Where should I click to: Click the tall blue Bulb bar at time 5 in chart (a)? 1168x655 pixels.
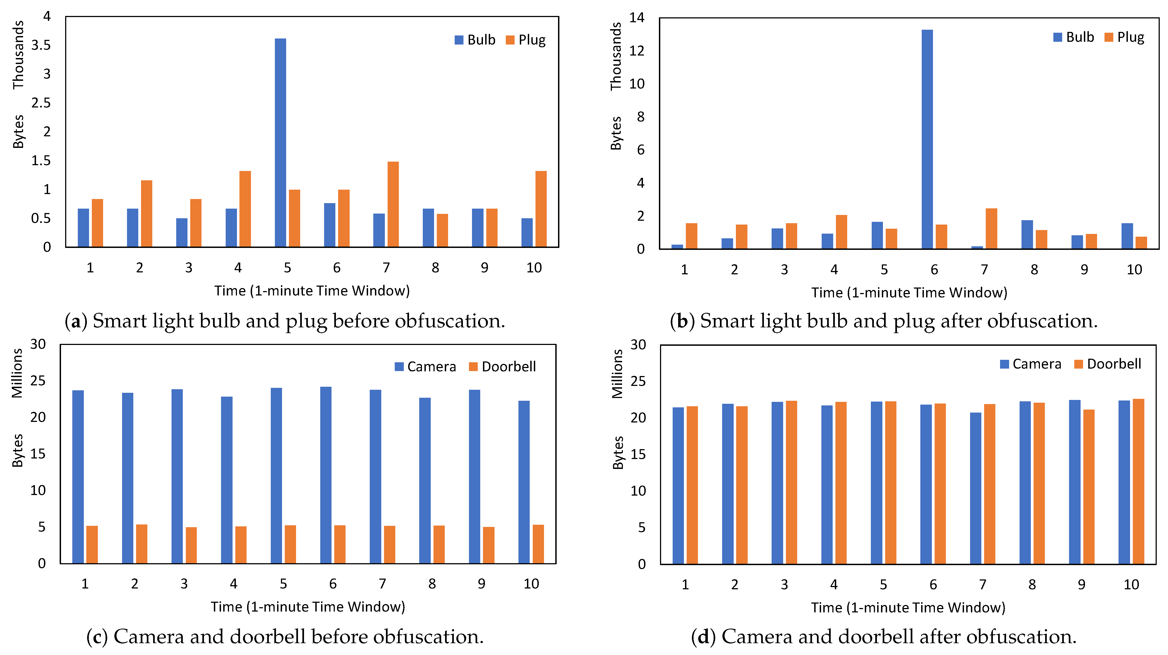[280, 143]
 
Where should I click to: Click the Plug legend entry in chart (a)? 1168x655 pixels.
[526, 40]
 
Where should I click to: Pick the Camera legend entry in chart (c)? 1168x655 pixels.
[425, 366]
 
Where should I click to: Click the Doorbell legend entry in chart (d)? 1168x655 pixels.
[1107, 364]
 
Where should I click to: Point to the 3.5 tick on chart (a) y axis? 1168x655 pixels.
[41, 45]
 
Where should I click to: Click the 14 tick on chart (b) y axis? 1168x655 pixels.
[637, 17]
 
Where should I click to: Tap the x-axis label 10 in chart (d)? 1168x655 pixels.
[1131, 584]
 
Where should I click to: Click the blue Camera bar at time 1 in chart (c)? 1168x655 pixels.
[78, 477]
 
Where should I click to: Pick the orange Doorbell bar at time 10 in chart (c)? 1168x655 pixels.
[538, 544]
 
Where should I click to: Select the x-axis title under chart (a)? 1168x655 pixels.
[312, 291]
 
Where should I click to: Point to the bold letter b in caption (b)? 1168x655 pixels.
[682, 321]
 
